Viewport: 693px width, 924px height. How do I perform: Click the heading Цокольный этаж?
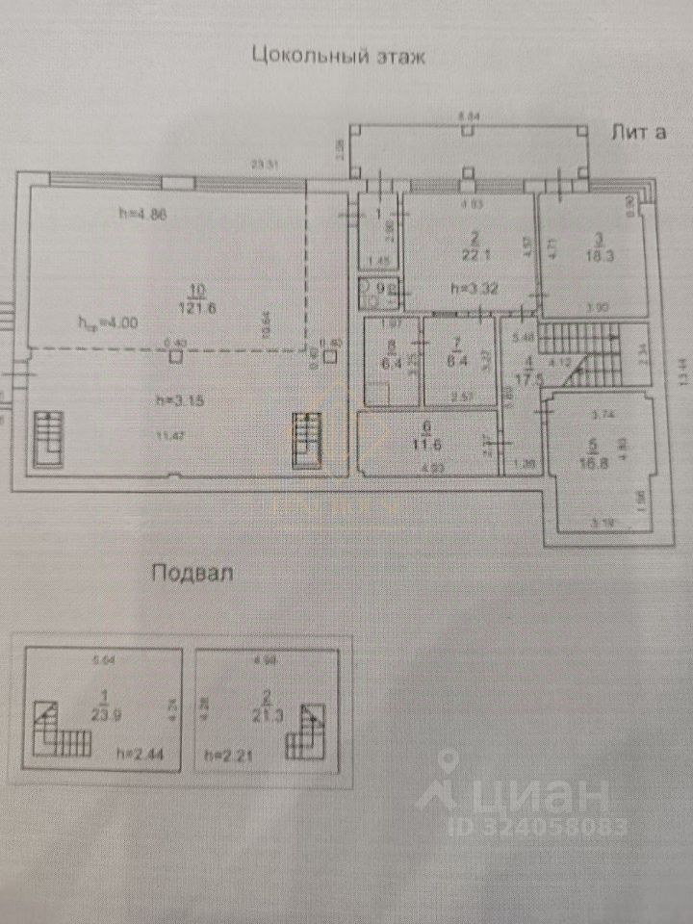click(337, 55)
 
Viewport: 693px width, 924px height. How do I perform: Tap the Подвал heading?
click(192, 574)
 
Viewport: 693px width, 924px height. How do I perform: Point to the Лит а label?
click(639, 133)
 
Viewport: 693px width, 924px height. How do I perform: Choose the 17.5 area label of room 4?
click(524, 377)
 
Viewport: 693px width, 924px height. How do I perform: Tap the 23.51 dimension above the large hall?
click(265, 166)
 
